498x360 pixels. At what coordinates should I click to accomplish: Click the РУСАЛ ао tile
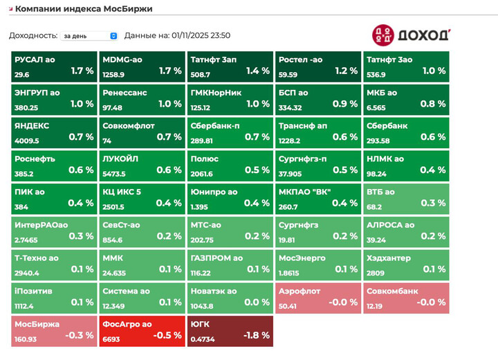pos(55,66)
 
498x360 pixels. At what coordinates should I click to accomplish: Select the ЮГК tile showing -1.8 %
pos(230,331)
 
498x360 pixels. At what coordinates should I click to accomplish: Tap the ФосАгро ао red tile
pos(142,331)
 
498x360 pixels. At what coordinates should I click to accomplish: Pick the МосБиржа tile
pos(55,331)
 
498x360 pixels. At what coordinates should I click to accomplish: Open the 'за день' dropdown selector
pos(90,35)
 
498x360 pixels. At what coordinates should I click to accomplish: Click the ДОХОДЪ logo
pos(412,35)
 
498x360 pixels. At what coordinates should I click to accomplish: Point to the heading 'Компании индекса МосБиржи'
pos(84,9)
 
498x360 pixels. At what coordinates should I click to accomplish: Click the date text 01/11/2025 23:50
pos(200,35)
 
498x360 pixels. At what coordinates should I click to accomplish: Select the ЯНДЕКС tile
pos(55,133)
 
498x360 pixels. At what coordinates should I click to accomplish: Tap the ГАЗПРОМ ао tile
pos(230,264)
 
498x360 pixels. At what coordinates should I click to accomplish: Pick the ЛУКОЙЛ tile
pos(142,165)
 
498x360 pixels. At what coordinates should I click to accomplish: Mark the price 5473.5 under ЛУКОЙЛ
pos(114,173)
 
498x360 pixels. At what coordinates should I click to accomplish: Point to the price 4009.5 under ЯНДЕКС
pos(26,140)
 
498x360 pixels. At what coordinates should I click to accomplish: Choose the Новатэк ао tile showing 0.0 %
pos(230,298)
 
